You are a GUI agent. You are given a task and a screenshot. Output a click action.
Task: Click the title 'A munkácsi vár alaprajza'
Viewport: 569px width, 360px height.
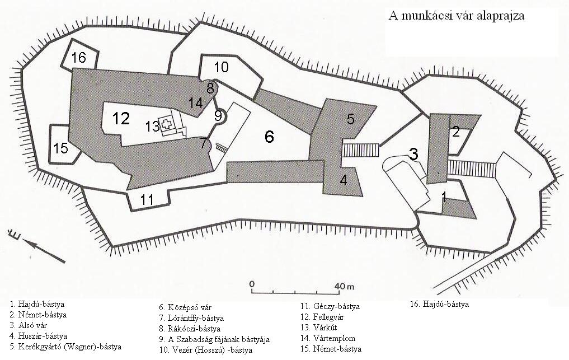(x=456, y=16)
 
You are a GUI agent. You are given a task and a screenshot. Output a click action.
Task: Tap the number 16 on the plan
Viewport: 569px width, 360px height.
(x=78, y=58)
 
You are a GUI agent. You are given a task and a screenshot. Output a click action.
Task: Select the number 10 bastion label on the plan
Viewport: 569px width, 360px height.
(x=221, y=67)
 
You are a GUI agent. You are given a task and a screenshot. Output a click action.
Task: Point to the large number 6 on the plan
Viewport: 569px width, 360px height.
(x=269, y=137)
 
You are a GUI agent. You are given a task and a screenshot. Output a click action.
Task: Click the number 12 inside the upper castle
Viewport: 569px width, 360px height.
(x=121, y=118)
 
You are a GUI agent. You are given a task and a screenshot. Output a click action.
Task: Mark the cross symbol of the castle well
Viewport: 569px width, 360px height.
(x=167, y=124)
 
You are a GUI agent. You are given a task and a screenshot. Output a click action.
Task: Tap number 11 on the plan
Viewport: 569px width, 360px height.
(x=147, y=199)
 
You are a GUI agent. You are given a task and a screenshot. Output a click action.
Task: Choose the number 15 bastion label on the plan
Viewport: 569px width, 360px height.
(x=60, y=148)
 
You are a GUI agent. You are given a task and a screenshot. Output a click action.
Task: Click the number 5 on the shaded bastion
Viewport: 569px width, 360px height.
(x=350, y=119)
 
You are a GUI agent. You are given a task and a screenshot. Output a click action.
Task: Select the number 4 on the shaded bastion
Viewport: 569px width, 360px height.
(x=344, y=180)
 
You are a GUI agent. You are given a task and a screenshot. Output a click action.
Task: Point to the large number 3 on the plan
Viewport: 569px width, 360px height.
(x=413, y=154)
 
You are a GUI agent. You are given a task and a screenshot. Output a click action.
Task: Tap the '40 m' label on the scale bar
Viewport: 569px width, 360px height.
(x=345, y=286)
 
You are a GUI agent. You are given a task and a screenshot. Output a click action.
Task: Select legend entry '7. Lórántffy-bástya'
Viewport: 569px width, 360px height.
(x=191, y=318)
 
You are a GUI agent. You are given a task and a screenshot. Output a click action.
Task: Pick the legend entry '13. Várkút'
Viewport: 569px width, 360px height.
(x=318, y=328)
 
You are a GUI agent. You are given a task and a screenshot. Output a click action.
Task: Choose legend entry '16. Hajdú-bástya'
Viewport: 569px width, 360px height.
(x=439, y=305)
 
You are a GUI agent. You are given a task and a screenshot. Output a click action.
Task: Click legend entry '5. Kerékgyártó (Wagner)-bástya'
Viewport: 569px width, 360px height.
(x=65, y=347)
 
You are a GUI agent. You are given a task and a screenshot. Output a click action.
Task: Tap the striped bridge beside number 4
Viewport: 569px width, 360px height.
(x=361, y=149)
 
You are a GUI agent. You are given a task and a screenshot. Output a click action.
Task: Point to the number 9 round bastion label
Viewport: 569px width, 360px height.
(x=218, y=115)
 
